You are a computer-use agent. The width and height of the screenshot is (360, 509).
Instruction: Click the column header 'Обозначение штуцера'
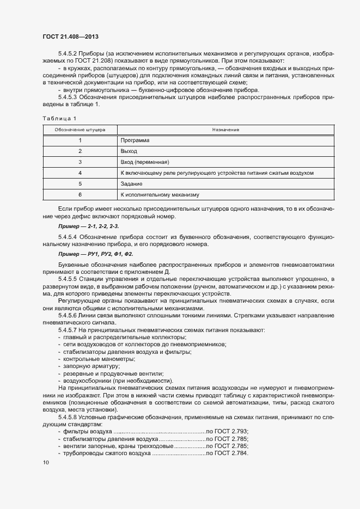80,130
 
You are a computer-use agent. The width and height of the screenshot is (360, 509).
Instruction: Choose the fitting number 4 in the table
80,173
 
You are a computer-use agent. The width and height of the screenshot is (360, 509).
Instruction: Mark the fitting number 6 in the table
80,194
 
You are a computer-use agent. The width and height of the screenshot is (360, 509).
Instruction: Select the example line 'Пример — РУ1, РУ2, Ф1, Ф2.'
95,254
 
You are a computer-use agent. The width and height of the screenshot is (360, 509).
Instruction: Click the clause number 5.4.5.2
68,53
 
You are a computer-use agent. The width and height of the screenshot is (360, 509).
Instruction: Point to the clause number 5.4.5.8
68,416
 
